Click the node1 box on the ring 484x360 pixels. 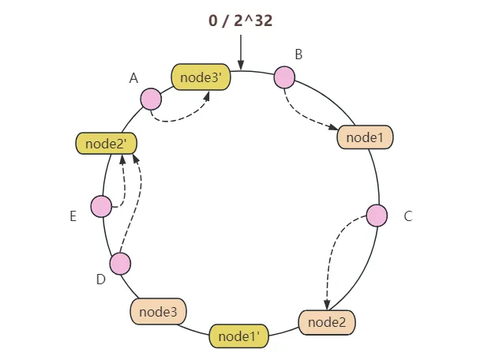[365, 137]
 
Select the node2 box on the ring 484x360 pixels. [327, 322]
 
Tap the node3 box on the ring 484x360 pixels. [158, 312]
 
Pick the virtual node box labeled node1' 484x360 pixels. [239, 336]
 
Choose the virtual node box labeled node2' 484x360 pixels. [107, 143]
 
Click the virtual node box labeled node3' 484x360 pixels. [200, 77]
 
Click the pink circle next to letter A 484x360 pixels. [151, 99]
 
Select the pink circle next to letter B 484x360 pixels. [284, 77]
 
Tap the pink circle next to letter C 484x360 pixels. [377, 216]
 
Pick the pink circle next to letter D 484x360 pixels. [120, 264]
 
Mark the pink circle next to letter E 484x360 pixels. [101, 207]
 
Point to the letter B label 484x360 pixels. [298, 54]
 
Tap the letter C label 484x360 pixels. [408, 216]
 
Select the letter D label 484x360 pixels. [100, 279]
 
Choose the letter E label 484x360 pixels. [73, 216]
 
